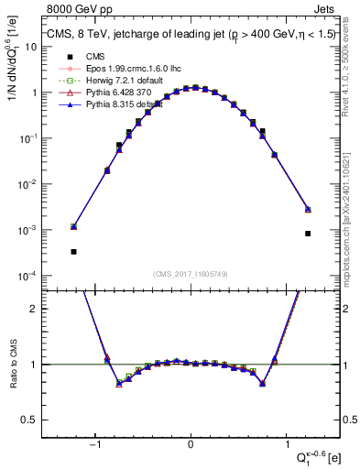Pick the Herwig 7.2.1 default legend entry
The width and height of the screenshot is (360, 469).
tap(111, 81)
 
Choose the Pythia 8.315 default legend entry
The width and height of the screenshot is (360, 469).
tap(113, 104)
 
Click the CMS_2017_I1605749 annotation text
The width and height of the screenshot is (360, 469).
tap(190, 274)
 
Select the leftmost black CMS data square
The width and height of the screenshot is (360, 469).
tap(73, 252)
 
